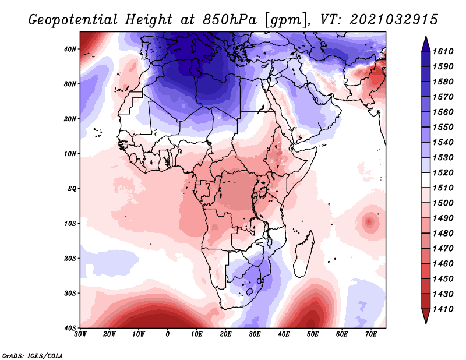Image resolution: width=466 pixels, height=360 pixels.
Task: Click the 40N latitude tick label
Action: click(70, 49)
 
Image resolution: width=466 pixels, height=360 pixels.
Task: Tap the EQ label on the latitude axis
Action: click(71, 189)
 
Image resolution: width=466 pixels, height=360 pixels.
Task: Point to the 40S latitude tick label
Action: click(70, 328)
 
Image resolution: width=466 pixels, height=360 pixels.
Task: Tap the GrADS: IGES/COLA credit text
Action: click(24, 354)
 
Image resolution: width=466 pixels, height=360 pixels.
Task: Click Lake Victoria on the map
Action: click(263, 191)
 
